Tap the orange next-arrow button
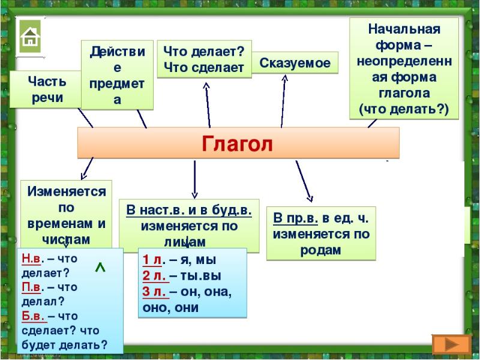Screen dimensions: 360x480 point(451,344)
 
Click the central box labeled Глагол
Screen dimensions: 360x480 point(238,144)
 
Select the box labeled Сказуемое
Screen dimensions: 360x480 point(295,63)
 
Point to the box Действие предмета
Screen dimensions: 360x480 point(117,76)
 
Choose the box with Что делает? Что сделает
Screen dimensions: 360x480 point(204,59)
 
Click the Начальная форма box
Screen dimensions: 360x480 point(404,68)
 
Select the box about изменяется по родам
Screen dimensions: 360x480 point(321,233)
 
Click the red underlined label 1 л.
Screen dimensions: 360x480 point(154,261)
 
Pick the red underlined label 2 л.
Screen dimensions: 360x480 point(155,277)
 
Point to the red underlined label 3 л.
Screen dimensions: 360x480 point(155,292)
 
